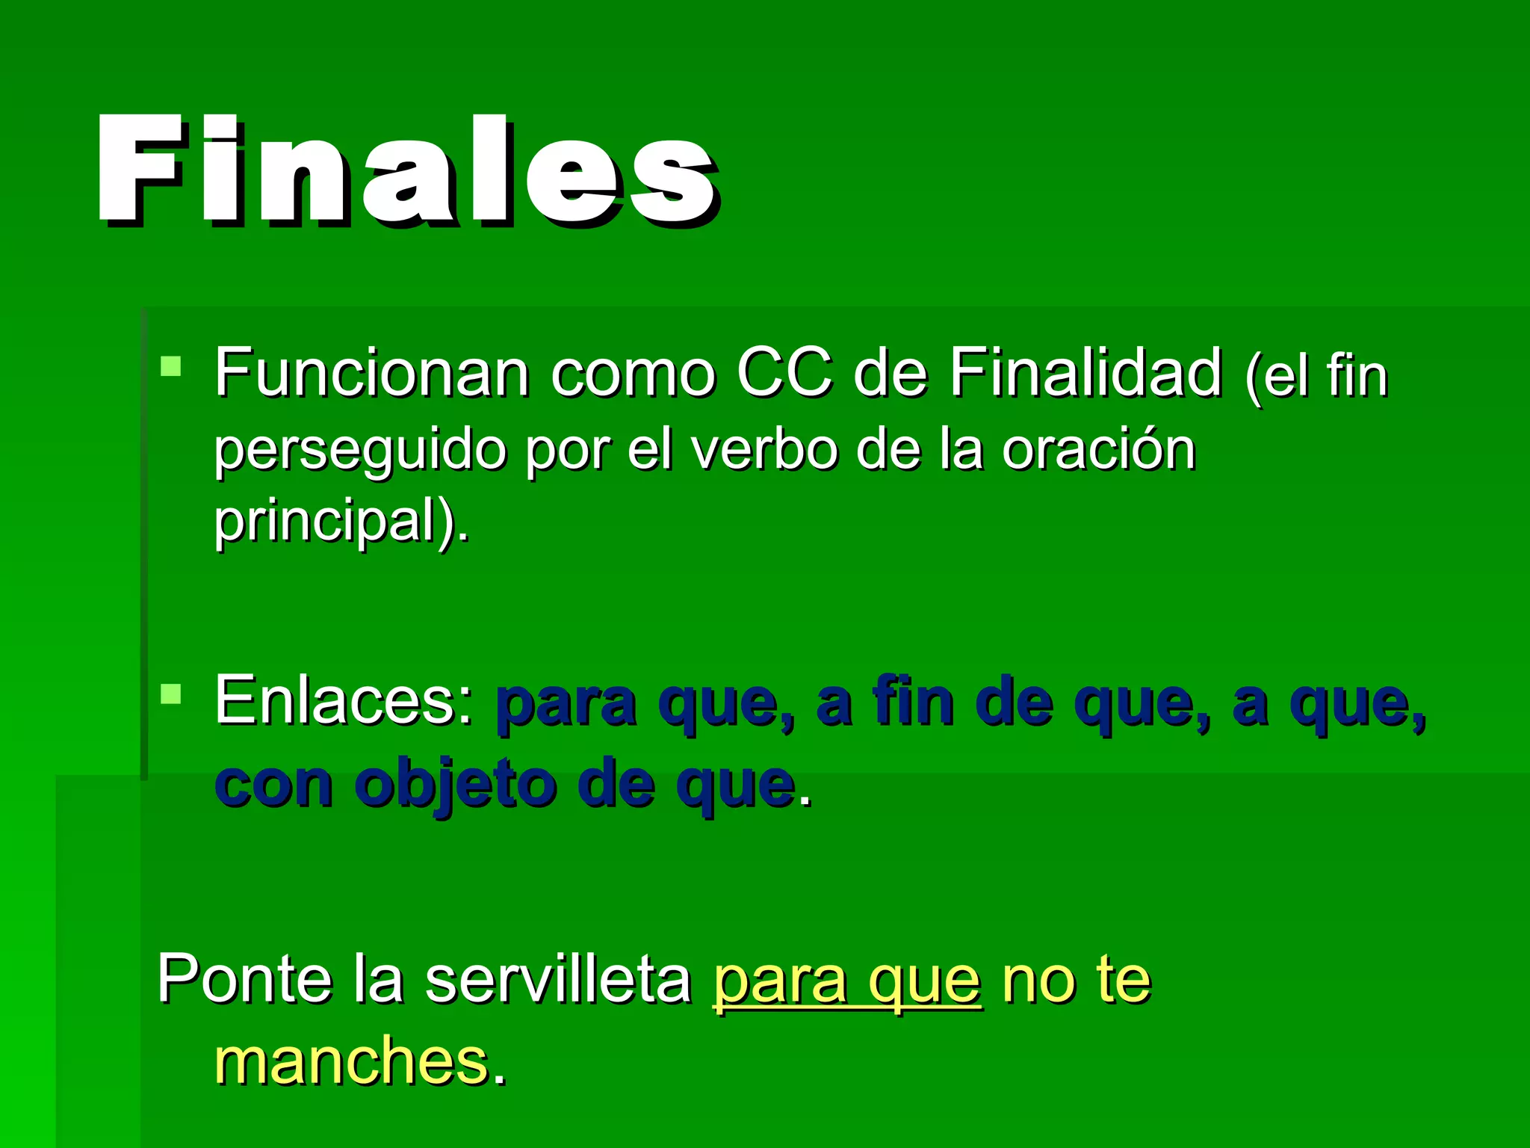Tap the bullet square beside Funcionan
click(x=171, y=366)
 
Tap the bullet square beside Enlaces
click(x=171, y=694)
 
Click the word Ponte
click(x=244, y=979)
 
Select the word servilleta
click(x=558, y=979)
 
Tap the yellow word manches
click(x=351, y=1061)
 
